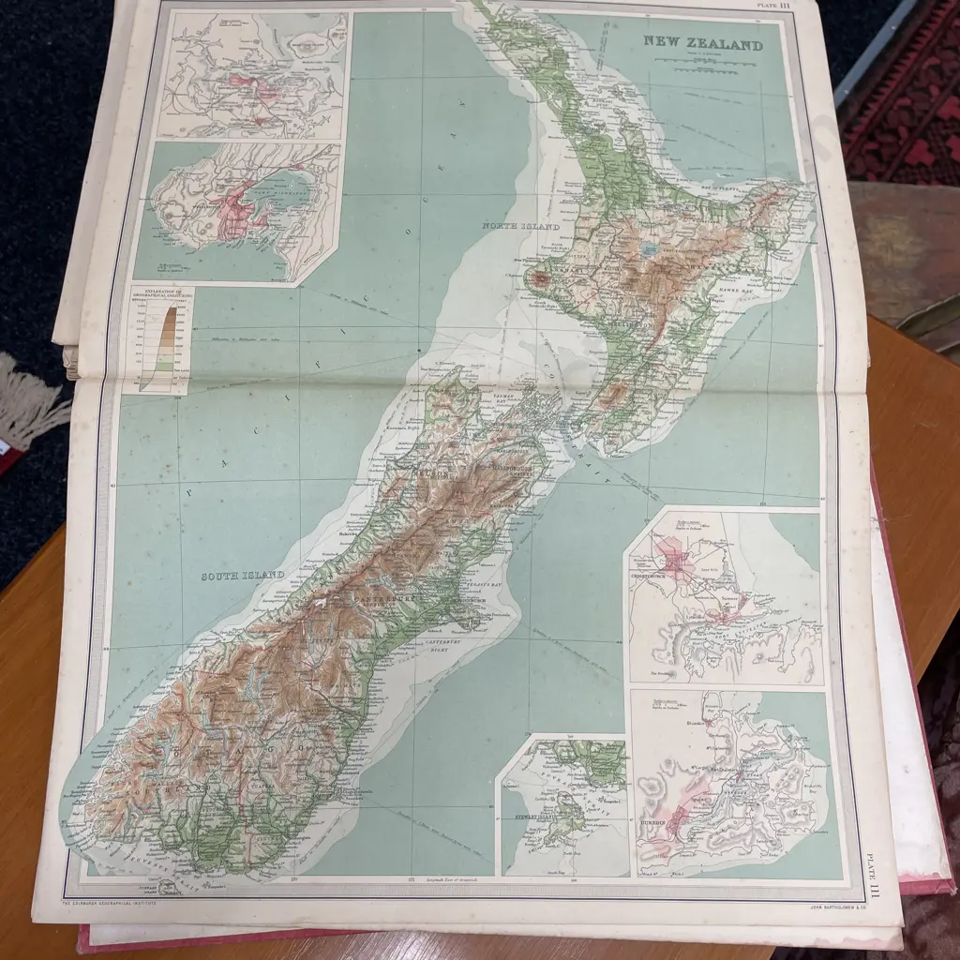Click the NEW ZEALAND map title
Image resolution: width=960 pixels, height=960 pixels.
[702, 43]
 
